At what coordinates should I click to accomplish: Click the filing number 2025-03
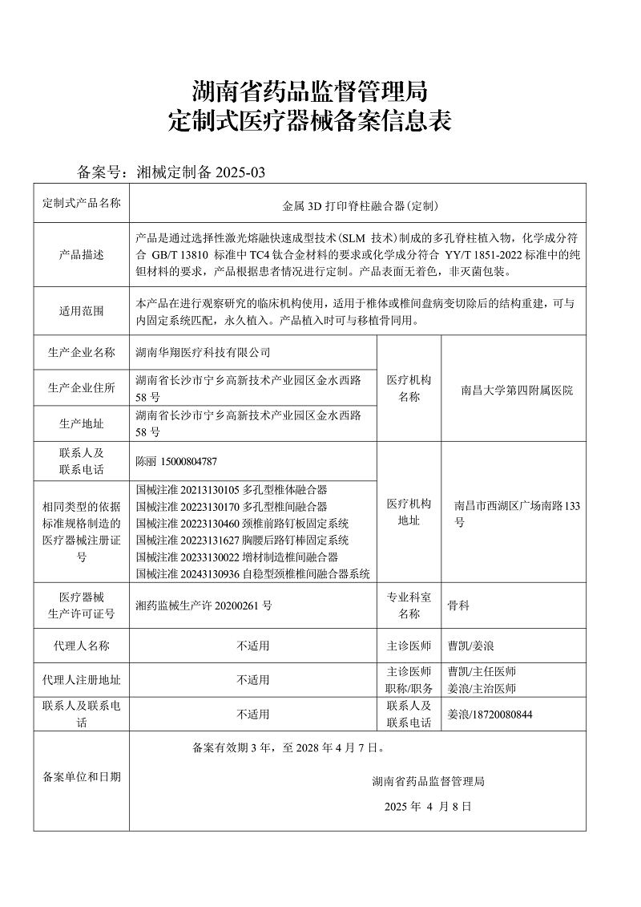click(x=240, y=172)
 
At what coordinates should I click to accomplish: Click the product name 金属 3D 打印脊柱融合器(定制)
click(x=361, y=206)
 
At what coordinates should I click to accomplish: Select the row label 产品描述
click(x=81, y=254)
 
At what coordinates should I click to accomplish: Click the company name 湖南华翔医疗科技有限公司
click(x=204, y=352)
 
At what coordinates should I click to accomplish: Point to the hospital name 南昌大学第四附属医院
click(x=517, y=391)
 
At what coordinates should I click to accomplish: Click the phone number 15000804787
click(x=189, y=461)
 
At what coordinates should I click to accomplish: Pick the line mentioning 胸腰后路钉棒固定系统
click(x=243, y=540)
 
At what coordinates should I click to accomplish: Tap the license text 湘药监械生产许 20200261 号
click(x=204, y=605)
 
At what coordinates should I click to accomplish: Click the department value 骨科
click(x=458, y=605)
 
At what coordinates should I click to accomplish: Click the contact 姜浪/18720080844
click(x=490, y=714)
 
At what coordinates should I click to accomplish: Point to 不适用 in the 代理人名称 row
click(x=253, y=645)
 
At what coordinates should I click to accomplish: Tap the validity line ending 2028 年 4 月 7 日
click(x=288, y=748)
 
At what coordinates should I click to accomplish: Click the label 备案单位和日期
click(x=81, y=776)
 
